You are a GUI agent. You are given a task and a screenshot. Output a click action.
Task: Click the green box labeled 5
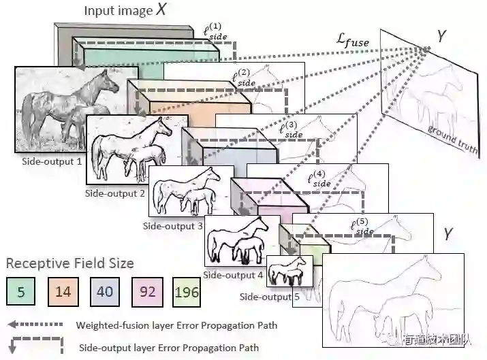click(x=21, y=292)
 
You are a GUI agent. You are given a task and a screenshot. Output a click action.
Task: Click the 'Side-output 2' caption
click(x=115, y=193)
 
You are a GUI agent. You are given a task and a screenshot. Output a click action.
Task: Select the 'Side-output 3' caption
click(x=173, y=226)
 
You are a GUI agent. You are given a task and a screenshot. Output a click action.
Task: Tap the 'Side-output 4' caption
click(x=234, y=275)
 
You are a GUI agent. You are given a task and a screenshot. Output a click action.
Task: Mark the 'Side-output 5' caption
click(x=269, y=297)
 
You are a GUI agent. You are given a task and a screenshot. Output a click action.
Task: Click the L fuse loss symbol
click(x=353, y=42)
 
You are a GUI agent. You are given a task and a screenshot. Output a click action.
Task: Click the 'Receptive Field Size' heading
click(x=70, y=263)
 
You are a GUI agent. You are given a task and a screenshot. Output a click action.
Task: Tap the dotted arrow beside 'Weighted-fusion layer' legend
click(x=37, y=325)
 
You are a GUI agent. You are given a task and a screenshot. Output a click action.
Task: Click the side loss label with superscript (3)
click(x=292, y=130)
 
